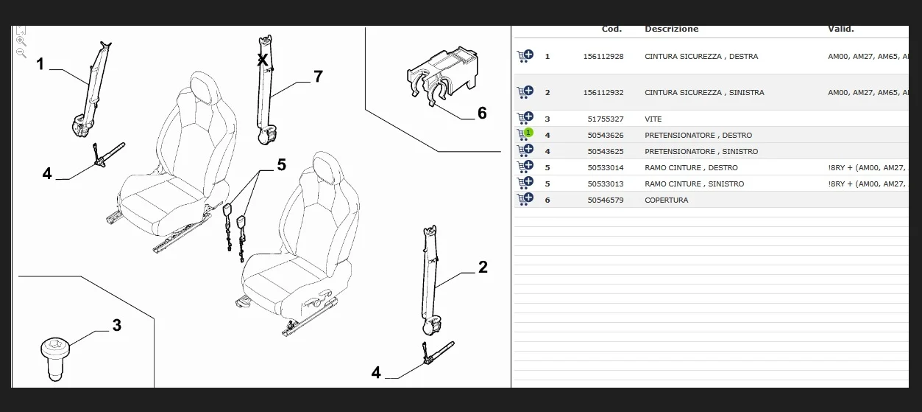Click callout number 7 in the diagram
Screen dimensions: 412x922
pyautogui.click(x=318, y=76)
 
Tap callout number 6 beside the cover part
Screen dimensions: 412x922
pyautogui.click(x=482, y=113)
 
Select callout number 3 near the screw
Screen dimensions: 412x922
pyautogui.click(x=116, y=325)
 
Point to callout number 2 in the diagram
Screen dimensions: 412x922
pyautogui.click(x=483, y=267)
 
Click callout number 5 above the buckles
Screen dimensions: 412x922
pyautogui.click(x=281, y=165)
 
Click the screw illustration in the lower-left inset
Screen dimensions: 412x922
pyautogui.click(x=54, y=358)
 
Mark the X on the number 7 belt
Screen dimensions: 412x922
pyautogui.click(x=262, y=60)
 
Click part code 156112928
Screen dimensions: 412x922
pyautogui.click(x=603, y=57)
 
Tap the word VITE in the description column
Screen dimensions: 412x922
pyautogui.click(x=653, y=119)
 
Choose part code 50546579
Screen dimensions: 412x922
pyautogui.click(x=606, y=200)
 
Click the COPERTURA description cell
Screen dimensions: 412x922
pyautogui.click(x=666, y=200)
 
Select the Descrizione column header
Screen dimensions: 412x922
pyautogui.click(x=671, y=29)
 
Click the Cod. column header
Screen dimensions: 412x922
pyautogui.click(x=611, y=29)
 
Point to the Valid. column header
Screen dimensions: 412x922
pyautogui.click(x=840, y=29)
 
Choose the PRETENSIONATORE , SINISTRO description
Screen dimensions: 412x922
pyautogui.click(x=701, y=152)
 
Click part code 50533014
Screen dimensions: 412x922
pyautogui.click(x=606, y=168)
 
